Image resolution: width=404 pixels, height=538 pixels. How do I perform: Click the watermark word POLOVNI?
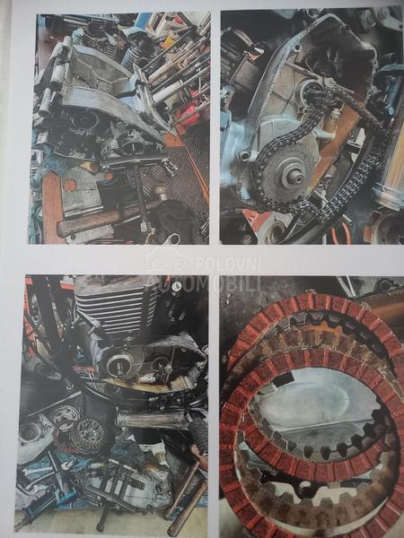(228, 265)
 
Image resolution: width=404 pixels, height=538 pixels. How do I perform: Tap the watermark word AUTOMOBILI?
(203, 283)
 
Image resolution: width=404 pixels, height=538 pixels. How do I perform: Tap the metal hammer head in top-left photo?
(159, 195)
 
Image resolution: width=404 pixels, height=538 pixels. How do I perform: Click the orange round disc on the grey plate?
(69, 186)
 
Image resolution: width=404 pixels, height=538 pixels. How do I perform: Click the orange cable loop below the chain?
(339, 232)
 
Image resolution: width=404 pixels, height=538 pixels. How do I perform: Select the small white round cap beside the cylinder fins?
(176, 285)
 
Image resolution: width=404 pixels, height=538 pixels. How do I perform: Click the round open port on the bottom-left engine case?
(29, 432)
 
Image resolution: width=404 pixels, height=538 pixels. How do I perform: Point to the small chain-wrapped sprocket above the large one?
(313, 92)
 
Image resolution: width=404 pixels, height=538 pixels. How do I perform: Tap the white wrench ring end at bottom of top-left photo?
(172, 239)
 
